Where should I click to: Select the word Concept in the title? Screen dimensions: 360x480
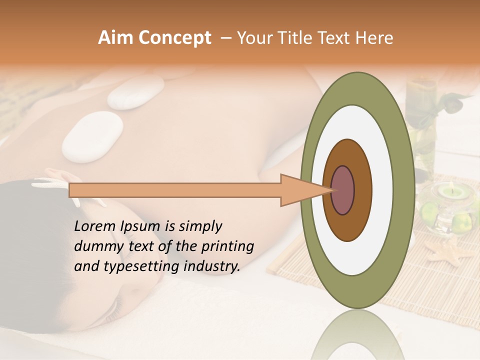click(x=175, y=38)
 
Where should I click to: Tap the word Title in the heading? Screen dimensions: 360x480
click(x=309, y=38)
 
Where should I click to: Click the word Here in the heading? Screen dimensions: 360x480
click(x=375, y=38)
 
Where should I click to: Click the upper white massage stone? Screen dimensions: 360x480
click(x=135, y=92)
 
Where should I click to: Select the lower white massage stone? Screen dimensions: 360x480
click(x=91, y=134)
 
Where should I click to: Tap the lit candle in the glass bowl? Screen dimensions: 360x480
click(x=450, y=192)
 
